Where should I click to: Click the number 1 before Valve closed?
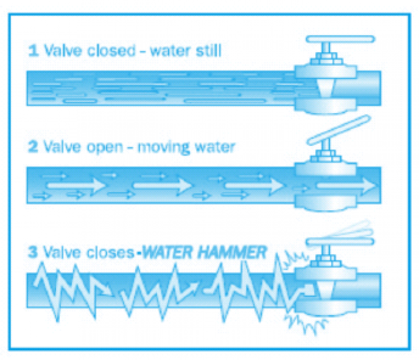[34, 51]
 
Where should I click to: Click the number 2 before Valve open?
[33, 147]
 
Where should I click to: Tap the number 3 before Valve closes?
[33, 252]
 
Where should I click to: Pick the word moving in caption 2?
[163, 148]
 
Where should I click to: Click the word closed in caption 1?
[112, 50]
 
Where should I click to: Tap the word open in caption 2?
[105, 148]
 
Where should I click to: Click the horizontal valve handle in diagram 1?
[340, 39]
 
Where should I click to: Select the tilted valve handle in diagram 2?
[339, 130]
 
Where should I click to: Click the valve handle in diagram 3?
[340, 242]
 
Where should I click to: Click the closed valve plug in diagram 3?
[325, 290]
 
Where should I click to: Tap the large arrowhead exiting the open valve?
[369, 186]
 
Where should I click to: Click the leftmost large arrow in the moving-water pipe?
[76, 185]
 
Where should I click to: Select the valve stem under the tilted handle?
[326, 148]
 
